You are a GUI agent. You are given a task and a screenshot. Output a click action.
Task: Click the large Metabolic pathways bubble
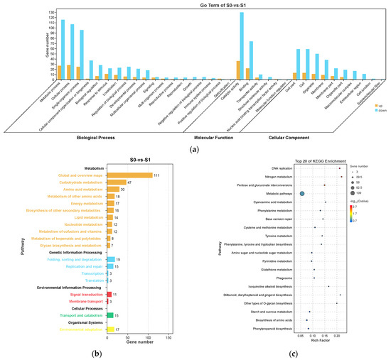click(302, 193)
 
